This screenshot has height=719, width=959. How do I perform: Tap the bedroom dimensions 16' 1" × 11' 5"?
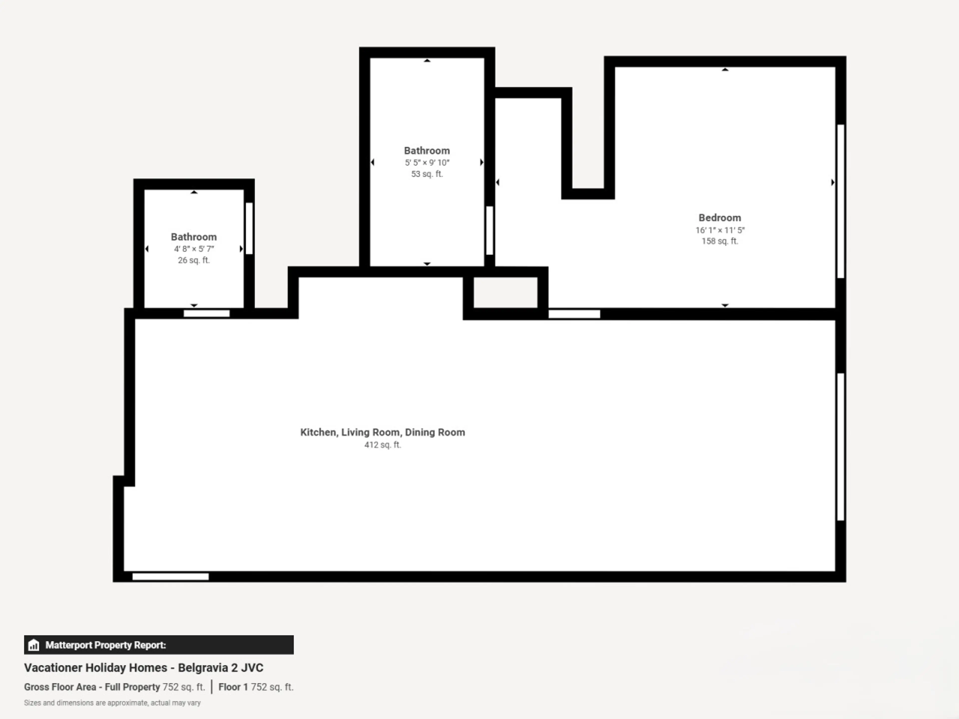pos(720,230)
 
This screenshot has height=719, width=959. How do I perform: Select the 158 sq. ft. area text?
pos(720,241)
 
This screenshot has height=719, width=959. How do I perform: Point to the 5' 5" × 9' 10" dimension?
pos(427,163)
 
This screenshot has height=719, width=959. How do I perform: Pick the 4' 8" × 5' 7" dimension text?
pos(194,249)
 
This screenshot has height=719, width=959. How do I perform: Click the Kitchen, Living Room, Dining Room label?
pos(382,432)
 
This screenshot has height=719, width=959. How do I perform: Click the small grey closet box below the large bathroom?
pos(505,293)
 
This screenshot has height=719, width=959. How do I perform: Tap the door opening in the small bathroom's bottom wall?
pos(207,313)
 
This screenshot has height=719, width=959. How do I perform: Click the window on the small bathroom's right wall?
pos(249,228)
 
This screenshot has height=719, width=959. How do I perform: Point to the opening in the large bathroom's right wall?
pos(489,231)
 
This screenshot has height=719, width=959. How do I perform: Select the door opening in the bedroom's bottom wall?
pos(574,314)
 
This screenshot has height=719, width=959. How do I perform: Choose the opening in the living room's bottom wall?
pos(170,576)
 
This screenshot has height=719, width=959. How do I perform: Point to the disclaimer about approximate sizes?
pos(112,703)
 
